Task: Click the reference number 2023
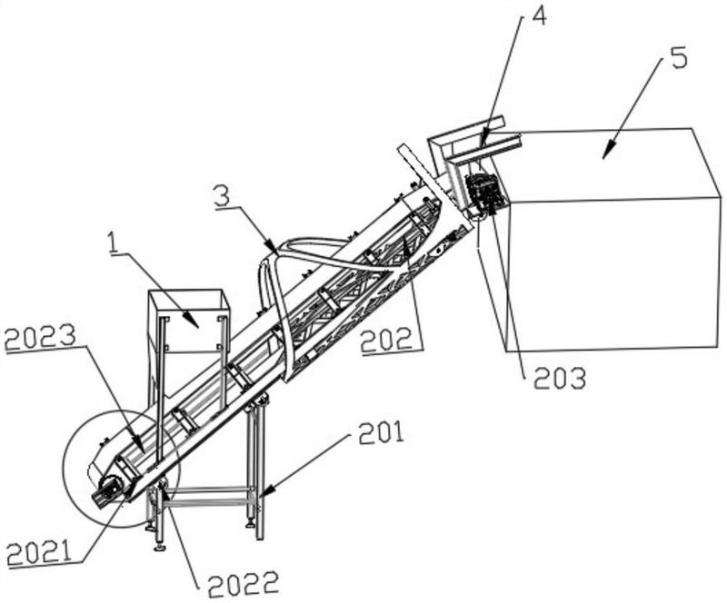(x=40, y=338)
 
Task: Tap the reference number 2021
(x=40, y=552)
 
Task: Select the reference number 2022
(x=244, y=584)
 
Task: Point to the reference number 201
(x=382, y=433)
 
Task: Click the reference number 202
(x=387, y=340)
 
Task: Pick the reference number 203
(x=560, y=379)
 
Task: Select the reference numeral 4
(x=538, y=15)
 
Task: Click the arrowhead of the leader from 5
(x=604, y=155)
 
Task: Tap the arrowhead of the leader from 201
(x=265, y=489)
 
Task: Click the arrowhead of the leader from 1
(x=195, y=323)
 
